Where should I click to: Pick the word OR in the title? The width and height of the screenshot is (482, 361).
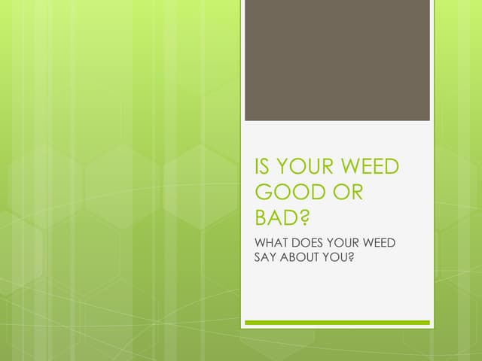pos(348,193)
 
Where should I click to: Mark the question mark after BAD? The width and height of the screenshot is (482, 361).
pos(304,218)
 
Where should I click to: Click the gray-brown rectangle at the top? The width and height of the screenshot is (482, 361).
pos(337,60)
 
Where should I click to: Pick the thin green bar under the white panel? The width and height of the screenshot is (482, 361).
pos(337,323)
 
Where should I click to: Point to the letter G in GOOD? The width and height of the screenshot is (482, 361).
pos(264,193)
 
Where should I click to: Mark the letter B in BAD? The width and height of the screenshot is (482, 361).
pos(261,218)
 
